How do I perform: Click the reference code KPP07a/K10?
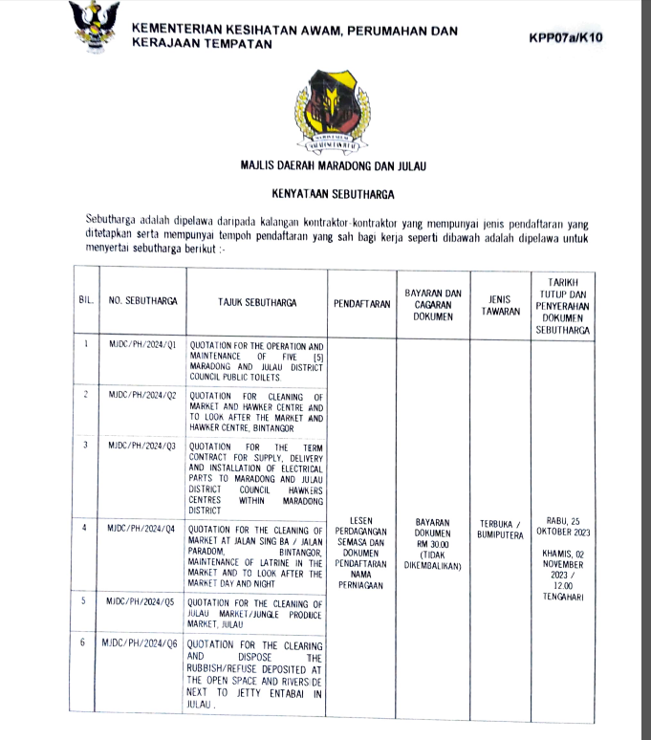(566, 38)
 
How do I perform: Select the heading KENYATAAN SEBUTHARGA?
(333, 193)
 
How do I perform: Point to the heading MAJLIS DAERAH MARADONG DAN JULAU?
(333, 166)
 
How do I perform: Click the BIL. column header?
(85, 302)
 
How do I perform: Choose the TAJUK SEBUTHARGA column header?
(255, 302)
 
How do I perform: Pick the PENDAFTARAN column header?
(361, 303)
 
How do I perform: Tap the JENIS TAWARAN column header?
(501, 303)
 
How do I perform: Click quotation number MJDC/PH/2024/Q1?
(142, 345)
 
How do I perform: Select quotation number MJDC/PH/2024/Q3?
(142, 446)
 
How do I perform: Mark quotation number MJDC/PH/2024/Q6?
(140, 644)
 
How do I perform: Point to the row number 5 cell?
(85, 601)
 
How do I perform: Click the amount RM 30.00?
(433, 545)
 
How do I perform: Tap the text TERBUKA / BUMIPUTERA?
(501, 529)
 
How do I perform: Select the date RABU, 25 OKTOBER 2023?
(564, 525)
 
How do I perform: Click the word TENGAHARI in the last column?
(564, 597)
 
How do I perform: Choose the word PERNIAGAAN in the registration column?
(361, 584)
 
